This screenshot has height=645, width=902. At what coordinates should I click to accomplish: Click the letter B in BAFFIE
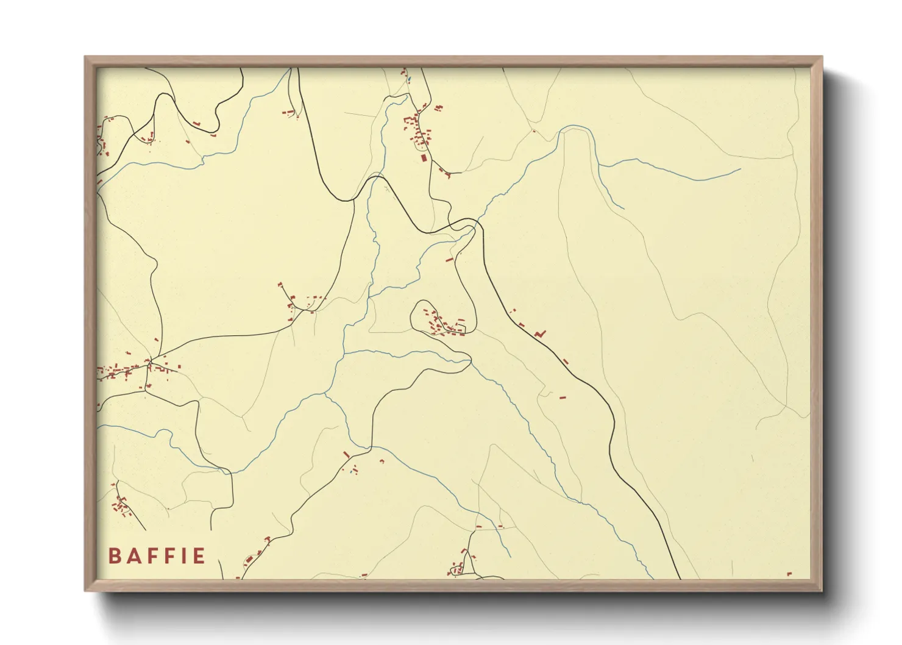click(114, 556)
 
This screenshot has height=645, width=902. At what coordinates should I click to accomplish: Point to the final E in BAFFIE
click(198, 556)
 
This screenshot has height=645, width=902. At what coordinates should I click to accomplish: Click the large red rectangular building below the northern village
click(424, 157)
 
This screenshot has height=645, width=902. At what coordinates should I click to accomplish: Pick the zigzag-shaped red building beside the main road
click(539, 334)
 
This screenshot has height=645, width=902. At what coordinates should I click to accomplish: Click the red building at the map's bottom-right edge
click(789, 574)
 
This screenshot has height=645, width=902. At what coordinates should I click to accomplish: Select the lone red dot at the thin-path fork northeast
click(534, 131)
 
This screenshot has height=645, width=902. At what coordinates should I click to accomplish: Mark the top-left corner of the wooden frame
click(85, 57)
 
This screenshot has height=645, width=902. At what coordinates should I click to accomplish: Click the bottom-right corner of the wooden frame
click(822, 591)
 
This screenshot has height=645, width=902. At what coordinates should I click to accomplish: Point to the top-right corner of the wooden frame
click(822, 57)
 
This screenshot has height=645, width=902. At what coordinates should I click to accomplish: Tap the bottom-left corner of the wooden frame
click(85, 591)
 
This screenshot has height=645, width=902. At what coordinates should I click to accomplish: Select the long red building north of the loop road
click(450, 260)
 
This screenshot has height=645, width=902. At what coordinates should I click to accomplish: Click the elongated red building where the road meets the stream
click(347, 455)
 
